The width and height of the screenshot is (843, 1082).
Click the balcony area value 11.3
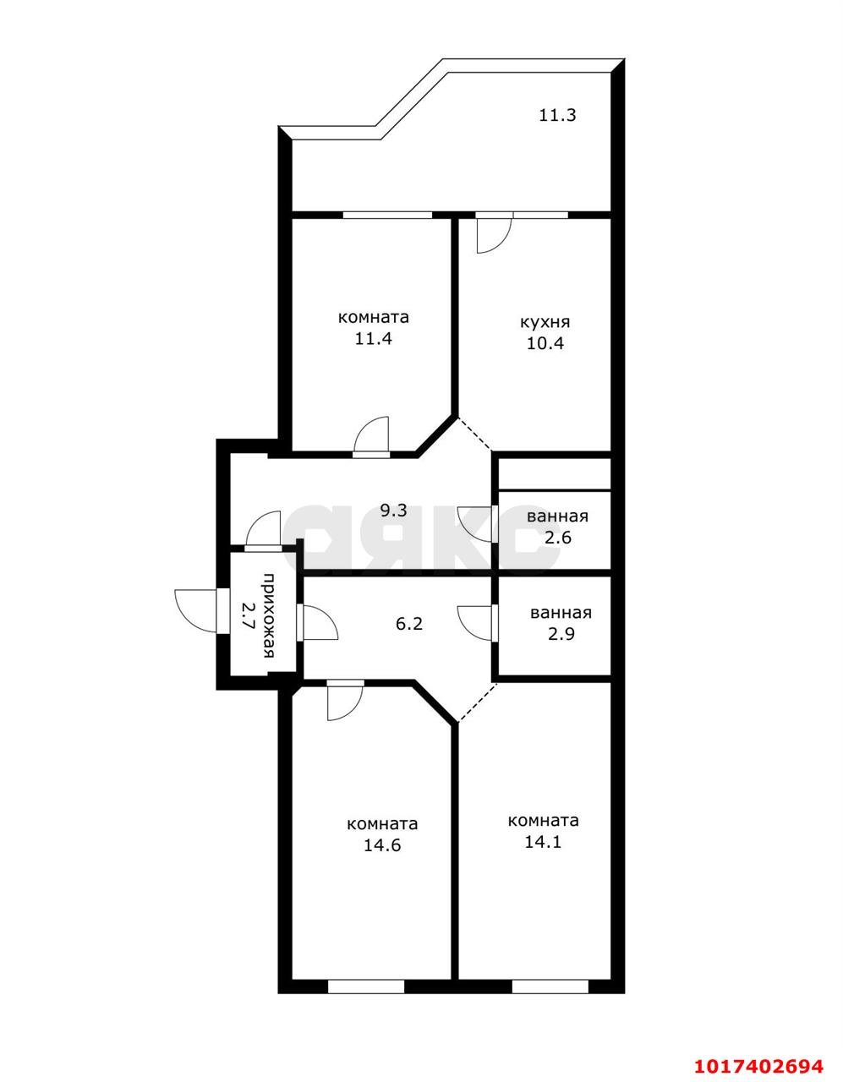(557, 116)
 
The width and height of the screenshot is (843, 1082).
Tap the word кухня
(545, 322)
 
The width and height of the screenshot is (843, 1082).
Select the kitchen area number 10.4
(545, 343)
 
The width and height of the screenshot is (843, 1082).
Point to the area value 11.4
(374, 339)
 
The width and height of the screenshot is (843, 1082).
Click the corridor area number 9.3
(394, 511)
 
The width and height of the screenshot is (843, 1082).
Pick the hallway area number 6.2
(409, 623)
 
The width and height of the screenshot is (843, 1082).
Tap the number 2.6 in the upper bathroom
(558, 538)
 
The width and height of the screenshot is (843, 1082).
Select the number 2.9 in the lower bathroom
(561, 634)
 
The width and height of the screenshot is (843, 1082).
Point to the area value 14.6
(382, 845)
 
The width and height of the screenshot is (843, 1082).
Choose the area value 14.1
(543, 842)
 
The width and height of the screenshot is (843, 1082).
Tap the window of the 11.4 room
(387, 215)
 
